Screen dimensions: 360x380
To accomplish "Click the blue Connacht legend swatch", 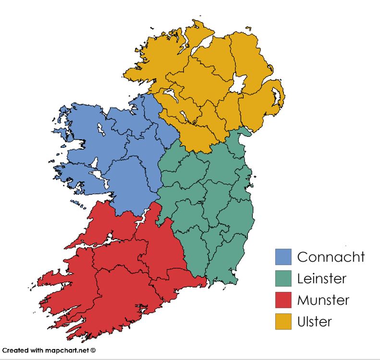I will (283, 257).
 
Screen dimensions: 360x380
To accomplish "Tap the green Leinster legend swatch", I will (283, 278).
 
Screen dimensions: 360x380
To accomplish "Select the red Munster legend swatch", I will (283, 300).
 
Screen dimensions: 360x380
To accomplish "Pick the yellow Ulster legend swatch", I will (283, 322).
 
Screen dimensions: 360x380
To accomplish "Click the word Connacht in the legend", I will (331, 257).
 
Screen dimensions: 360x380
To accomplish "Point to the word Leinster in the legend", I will (321, 278).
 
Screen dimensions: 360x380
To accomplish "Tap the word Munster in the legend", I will (323, 300).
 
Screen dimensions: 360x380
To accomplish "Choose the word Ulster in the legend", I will (314, 322).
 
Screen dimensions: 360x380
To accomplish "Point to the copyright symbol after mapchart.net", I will (93, 350).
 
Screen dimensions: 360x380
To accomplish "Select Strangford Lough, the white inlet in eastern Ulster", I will (277, 96).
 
